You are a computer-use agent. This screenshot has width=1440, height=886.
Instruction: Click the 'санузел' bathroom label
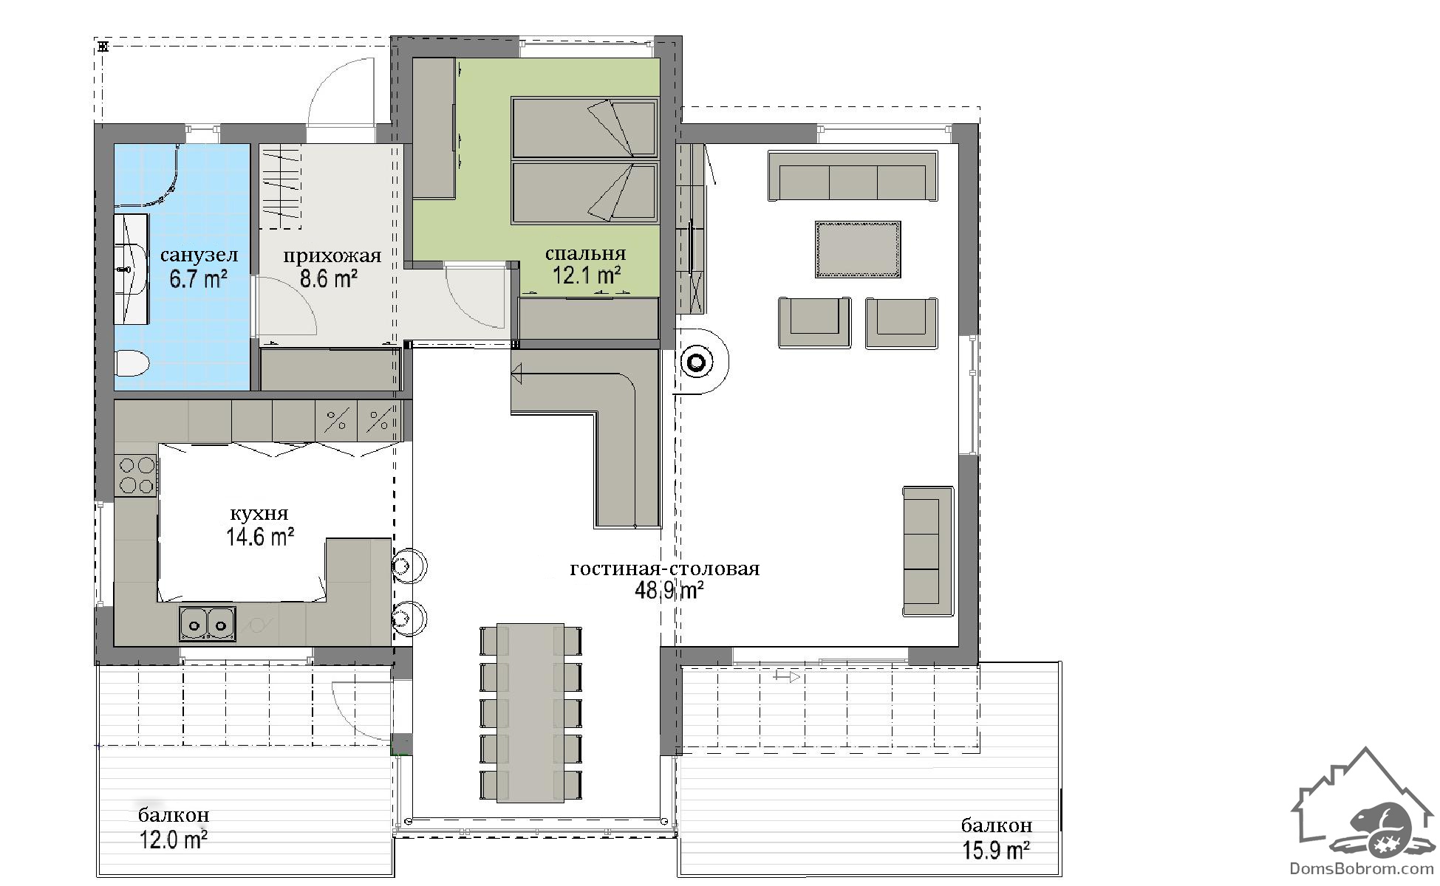coord(199,255)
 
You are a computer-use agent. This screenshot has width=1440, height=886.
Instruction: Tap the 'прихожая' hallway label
coord(332,256)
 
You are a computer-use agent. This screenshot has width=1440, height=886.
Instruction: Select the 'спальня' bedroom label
coord(585,254)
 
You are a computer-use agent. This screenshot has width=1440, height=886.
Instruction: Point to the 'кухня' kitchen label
coord(259,514)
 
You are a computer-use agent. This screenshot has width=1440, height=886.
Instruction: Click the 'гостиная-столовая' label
coord(665,569)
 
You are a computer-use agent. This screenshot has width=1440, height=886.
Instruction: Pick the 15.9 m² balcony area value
coord(997,851)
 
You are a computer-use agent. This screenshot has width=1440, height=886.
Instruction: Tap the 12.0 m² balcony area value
coord(173,839)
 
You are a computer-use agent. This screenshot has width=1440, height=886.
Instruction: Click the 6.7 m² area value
coord(197,280)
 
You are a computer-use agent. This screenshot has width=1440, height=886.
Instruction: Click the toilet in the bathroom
coord(133,363)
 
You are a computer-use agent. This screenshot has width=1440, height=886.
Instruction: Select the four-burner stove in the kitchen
coord(137,475)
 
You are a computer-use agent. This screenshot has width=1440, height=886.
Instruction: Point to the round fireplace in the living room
coord(696,362)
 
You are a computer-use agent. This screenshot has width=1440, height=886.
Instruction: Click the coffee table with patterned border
coord(858,250)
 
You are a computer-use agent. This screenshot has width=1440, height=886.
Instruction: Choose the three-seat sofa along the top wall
coord(853,176)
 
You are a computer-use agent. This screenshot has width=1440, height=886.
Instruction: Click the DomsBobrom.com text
coord(1362,869)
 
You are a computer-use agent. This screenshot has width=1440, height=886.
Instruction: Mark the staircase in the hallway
coord(281,185)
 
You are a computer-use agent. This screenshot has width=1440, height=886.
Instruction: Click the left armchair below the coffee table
coord(814,322)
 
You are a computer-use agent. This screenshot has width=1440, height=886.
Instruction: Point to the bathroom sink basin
coord(132,269)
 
